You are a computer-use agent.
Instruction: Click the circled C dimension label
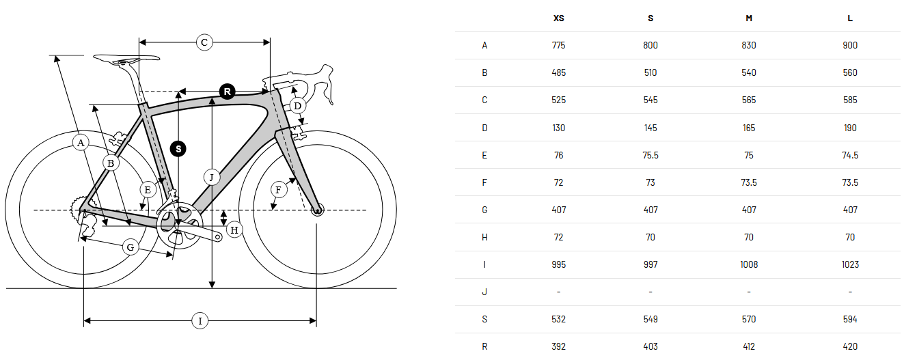[x=204, y=42]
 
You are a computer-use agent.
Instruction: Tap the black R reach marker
[x=228, y=92]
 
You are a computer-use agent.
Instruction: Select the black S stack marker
[x=178, y=149]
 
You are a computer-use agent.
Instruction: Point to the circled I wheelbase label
[x=200, y=321]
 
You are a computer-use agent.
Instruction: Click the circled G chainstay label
[x=131, y=247]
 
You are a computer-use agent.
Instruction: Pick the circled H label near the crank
[x=234, y=230]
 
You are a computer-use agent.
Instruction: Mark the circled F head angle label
[x=279, y=189]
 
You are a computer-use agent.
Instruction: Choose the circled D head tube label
[x=297, y=106]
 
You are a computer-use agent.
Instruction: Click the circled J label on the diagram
[x=211, y=177]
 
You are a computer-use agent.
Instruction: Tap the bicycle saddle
[x=126, y=59]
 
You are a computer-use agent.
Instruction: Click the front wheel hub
[x=317, y=210]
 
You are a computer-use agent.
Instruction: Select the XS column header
[x=558, y=18]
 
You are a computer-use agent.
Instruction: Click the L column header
[x=850, y=18]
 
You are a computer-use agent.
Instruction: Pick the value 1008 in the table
[x=749, y=264]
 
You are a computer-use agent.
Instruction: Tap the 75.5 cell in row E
[x=650, y=155]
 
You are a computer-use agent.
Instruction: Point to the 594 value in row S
[x=850, y=319]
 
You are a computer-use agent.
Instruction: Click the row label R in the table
[x=484, y=347]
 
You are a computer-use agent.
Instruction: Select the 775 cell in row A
[x=558, y=45]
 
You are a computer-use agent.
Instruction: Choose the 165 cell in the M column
[x=749, y=128]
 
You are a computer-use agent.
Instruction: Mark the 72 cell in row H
[x=558, y=237]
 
